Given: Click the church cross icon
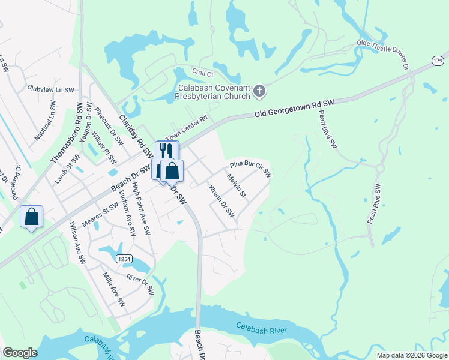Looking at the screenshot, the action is point(259,92).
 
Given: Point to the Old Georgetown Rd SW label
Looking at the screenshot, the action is point(294,107).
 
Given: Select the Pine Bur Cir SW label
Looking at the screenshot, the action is point(250,169).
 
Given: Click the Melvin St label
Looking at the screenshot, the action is point(237,186).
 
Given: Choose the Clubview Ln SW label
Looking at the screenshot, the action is point(50,89).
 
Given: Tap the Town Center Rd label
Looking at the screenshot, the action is point(185,128).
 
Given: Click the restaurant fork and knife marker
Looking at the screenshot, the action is point(167,151).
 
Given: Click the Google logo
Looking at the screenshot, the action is point(20,353).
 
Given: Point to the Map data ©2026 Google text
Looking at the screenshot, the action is point(412,355).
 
